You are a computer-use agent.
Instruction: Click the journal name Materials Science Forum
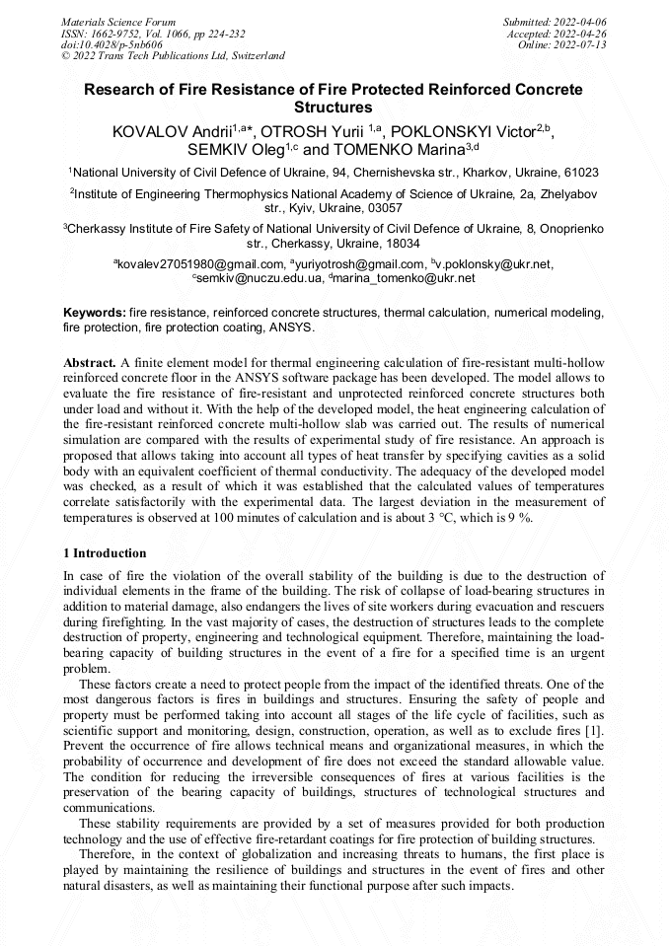[x=118, y=21]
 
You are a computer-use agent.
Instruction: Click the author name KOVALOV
[x=149, y=131]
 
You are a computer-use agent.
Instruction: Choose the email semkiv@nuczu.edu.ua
[x=260, y=278]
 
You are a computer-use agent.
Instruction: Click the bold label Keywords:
[x=95, y=312]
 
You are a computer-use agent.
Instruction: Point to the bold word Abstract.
[x=90, y=363]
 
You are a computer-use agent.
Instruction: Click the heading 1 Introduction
[x=105, y=553]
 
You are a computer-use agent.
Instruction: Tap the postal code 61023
[x=579, y=173]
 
